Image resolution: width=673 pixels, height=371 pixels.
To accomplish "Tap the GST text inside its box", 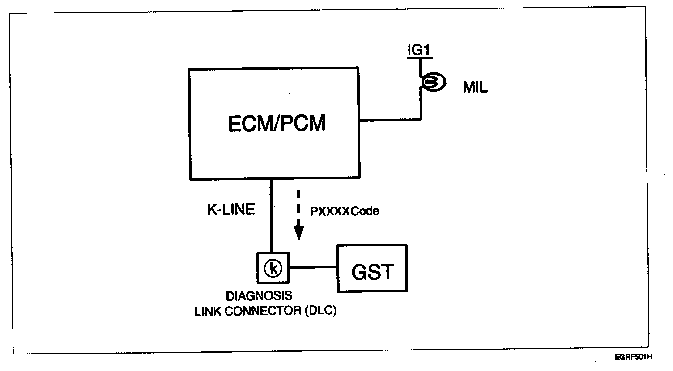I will [x=372, y=272].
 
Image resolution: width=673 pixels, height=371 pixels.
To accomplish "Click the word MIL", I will [x=475, y=88].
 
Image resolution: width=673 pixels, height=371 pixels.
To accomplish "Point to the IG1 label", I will [x=419, y=50].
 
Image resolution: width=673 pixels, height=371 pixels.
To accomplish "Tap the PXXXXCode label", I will [x=344, y=211].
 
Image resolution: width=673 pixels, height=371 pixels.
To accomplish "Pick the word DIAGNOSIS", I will [x=259, y=296].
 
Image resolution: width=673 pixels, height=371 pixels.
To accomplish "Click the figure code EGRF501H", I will [x=633, y=358].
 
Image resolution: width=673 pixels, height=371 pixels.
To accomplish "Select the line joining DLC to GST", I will [x=313, y=268].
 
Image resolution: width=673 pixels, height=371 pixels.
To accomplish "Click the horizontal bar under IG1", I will [x=420, y=58].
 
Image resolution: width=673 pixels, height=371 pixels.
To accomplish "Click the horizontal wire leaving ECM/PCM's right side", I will [x=389, y=119].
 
